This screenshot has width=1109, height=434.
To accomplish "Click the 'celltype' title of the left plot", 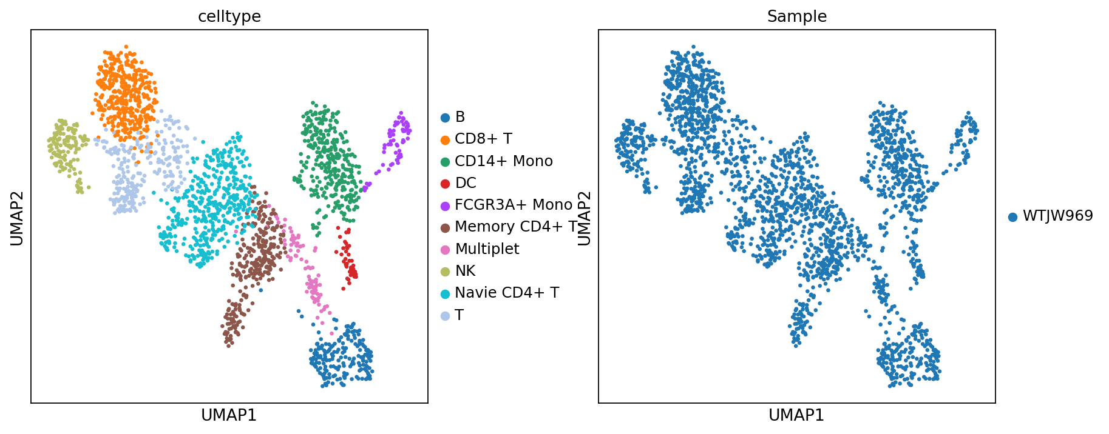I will pos(229,16).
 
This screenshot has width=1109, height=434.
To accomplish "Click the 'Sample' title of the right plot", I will pos(796,16).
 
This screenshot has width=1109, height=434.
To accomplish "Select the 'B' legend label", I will pos(460,117).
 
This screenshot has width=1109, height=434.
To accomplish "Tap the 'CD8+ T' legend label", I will pos(483,139).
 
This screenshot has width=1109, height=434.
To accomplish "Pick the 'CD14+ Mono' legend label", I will pos(503,161).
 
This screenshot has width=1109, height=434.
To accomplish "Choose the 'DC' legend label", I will pos(466,183).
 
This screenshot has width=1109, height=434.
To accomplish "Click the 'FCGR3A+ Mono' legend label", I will pos(514,205).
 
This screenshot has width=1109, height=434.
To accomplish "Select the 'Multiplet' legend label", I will pos(487,249).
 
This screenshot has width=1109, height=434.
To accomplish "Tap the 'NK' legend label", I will pos(465,271).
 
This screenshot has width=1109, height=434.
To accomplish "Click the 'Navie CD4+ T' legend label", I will pos(506,293).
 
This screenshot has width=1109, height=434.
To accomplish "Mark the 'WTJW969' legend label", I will pos(1057,216).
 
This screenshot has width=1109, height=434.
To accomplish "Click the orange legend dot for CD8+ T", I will pos(446,139).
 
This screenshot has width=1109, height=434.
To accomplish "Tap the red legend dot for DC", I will pos(446,184).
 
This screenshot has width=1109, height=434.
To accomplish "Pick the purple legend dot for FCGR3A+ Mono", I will pos(446,205).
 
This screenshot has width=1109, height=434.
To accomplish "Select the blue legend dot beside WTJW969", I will pos(1012,217).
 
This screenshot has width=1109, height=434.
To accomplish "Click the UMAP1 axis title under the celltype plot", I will pos(229,415).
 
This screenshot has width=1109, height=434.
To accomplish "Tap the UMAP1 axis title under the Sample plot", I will pos(796,415).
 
